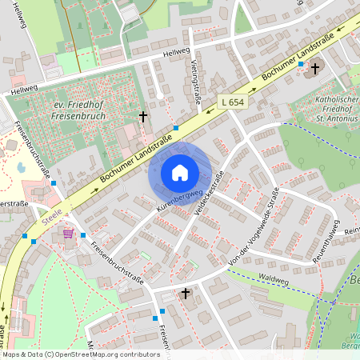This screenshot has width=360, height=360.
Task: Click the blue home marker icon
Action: pos(180,173)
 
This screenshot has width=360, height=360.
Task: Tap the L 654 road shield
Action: pos(233,103)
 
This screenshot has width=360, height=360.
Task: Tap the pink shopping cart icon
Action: pos(69,234)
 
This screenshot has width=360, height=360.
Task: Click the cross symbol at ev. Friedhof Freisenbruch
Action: pos(143,117)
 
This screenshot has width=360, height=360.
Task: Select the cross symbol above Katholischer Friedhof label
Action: pos(315,69)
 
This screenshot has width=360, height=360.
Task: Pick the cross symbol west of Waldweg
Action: pos(186,294)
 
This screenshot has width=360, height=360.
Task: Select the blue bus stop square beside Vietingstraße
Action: pos(176,127)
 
